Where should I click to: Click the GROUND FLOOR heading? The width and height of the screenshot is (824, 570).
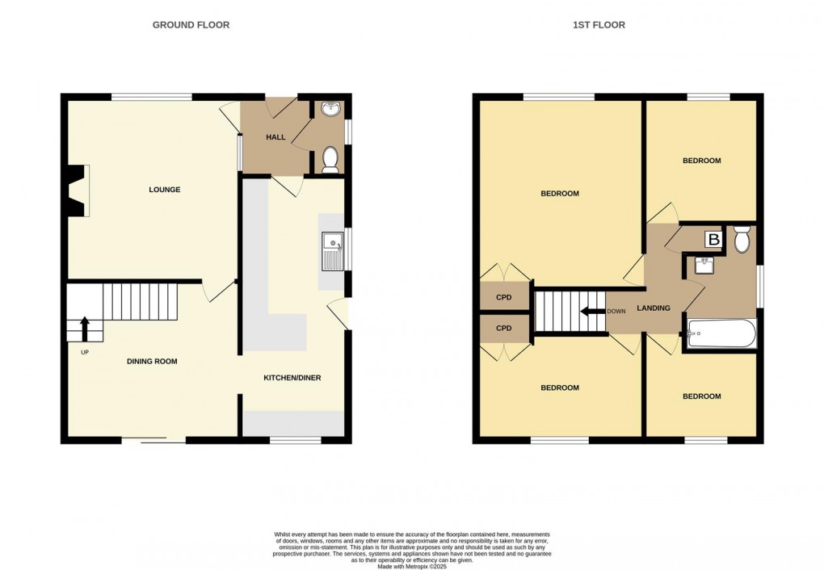point(191,25)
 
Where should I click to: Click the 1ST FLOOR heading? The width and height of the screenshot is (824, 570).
point(599,25)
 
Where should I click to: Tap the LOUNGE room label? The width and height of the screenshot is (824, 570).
point(164,190)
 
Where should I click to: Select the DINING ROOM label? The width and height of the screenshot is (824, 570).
point(152,361)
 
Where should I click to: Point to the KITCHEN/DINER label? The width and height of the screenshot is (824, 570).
point(292,378)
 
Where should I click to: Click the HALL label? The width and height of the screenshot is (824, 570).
point(275,137)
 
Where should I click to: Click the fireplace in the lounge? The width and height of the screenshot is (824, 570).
point(78,191)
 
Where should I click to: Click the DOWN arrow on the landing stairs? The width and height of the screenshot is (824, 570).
point(594,311)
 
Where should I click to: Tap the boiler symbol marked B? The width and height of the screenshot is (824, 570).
point(713,239)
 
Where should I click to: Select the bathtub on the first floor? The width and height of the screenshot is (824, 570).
point(721,333)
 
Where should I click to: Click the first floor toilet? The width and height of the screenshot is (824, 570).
point(742,239)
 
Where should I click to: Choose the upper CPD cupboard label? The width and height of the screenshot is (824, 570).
point(504,296)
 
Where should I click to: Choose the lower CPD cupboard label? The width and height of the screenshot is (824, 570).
point(504,329)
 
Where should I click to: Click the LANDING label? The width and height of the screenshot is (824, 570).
point(654,308)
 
